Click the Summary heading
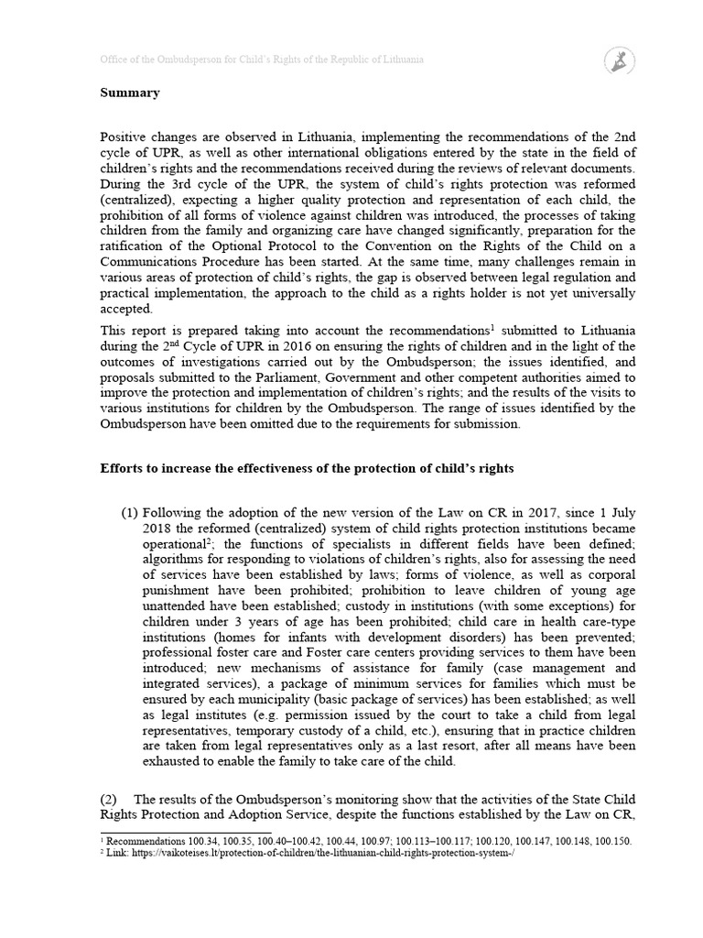tap(130, 93)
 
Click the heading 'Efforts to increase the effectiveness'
tap(307, 468)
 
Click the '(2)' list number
tap(109, 800)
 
